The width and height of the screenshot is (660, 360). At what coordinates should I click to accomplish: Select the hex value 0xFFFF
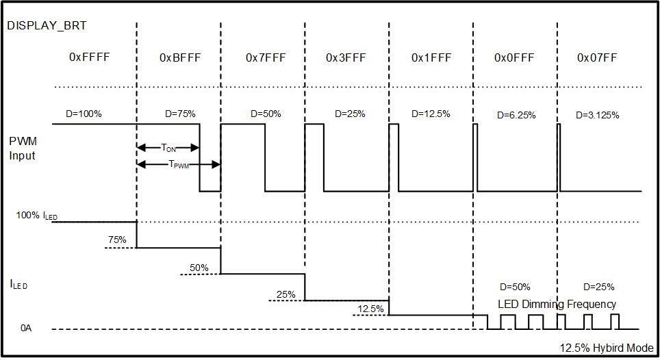[x=90, y=58]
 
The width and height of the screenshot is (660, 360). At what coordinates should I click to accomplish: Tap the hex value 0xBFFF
[x=180, y=58]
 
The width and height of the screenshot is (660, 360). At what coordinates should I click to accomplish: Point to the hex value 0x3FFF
[x=346, y=58]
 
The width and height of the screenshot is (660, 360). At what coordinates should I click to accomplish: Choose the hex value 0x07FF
[x=597, y=58]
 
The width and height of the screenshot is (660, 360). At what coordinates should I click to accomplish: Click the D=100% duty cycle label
[x=84, y=114]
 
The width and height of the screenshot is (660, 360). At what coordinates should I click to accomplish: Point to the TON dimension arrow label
[x=168, y=147]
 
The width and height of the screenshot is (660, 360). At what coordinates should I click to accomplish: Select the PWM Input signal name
[x=23, y=148]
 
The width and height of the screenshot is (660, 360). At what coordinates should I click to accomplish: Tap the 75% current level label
[x=117, y=240]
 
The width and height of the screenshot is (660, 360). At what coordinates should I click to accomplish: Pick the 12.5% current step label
[x=370, y=309]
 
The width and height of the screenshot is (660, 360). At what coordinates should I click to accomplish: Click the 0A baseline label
[x=25, y=329]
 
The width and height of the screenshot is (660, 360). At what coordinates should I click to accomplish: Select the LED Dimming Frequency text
[x=557, y=304]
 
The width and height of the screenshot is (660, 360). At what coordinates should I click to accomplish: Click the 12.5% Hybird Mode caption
[x=605, y=348]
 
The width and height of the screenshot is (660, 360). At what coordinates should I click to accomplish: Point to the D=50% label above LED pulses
[x=514, y=287]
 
